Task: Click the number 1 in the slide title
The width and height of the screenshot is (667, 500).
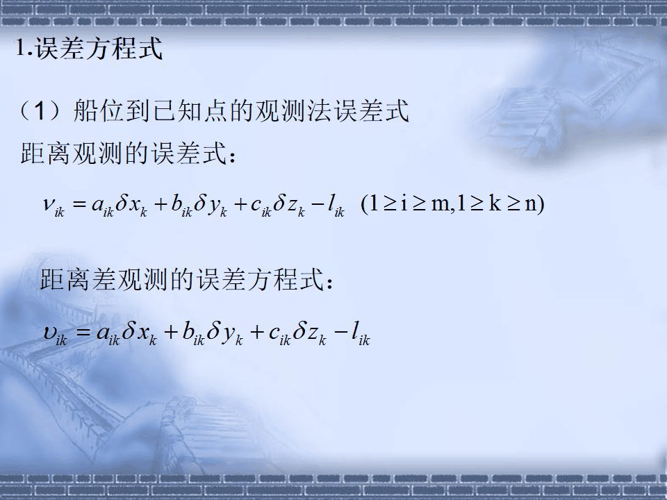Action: click(21, 48)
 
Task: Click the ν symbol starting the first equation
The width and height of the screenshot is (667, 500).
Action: click(49, 204)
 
